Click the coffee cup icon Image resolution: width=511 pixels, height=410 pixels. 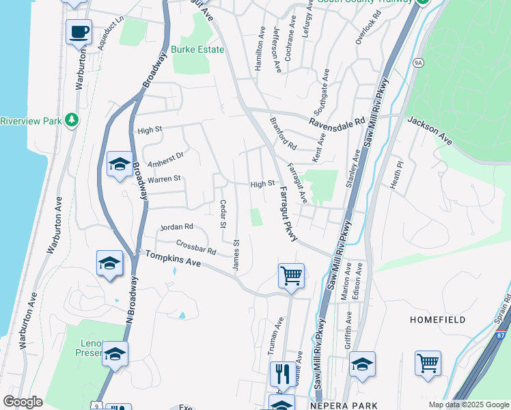[x=79, y=31]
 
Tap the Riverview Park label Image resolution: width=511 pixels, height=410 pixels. [x=31, y=121]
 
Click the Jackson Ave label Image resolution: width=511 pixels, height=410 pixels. [x=430, y=129]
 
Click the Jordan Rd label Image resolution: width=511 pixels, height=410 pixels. [x=176, y=226]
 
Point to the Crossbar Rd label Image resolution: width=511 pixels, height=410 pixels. [x=196, y=246]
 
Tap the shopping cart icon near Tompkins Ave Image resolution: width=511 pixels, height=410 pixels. [x=291, y=275]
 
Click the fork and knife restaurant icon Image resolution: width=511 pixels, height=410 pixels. [x=283, y=374]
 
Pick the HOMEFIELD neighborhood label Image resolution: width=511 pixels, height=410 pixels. [x=437, y=320]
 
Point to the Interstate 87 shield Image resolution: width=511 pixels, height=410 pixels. [x=502, y=335]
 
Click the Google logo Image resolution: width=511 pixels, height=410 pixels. [x=23, y=402]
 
